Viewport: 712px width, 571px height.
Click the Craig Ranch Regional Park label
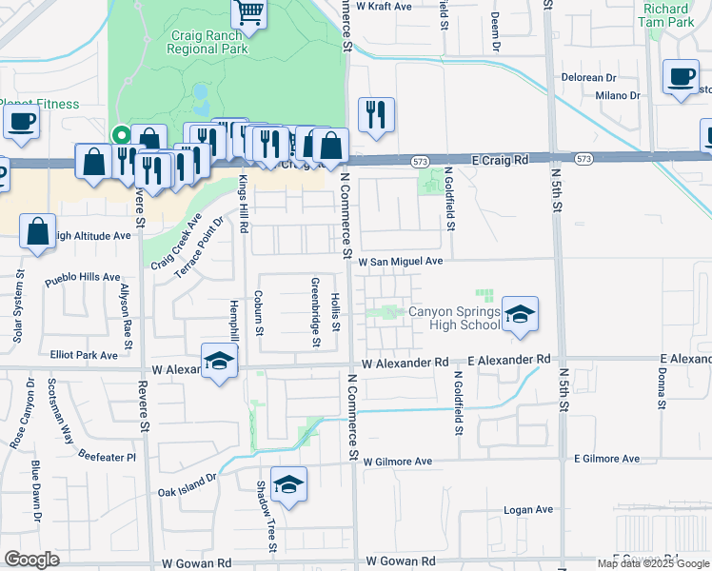208,41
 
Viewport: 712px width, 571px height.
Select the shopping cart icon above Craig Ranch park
249,12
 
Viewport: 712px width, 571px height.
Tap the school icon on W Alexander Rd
219,362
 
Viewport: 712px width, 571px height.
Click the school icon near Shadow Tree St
288,485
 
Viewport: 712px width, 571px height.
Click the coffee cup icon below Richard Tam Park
681,78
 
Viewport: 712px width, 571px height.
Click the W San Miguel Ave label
400,261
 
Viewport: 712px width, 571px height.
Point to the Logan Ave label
528,510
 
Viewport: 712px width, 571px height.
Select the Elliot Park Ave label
85,355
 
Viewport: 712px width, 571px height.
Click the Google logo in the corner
31,560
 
